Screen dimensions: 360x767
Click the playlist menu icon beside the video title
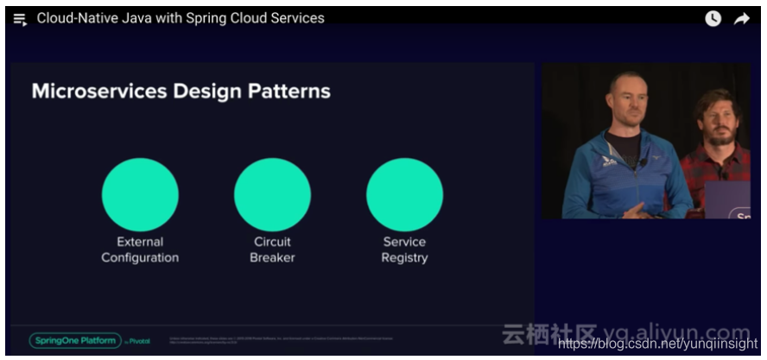pos(20,19)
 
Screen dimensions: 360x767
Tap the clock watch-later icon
pos(713,19)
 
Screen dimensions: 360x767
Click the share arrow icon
pos(742,19)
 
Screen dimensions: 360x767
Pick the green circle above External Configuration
pos(140,194)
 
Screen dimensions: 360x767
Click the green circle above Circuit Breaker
pos(272,194)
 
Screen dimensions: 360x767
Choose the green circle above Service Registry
pos(404,194)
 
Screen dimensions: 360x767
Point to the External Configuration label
pos(140,249)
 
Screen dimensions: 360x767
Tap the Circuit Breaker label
pos(272,249)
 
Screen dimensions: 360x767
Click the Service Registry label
pos(404,249)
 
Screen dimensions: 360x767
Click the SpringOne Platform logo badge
pos(74,340)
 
